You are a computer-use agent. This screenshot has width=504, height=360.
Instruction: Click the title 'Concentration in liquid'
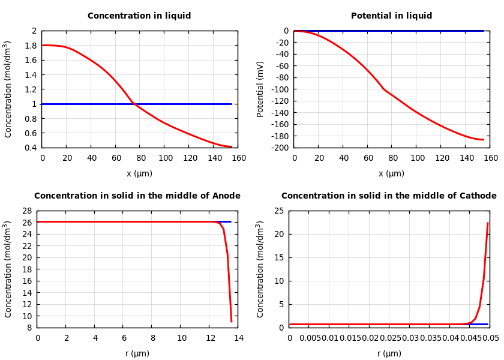click(x=139, y=16)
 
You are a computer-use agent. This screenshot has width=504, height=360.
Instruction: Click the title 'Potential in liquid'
click(x=391, y=16)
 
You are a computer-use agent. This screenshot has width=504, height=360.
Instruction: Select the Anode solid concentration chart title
click(x=137, y=196)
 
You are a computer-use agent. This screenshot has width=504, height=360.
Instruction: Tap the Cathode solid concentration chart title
click(x=389, y=196)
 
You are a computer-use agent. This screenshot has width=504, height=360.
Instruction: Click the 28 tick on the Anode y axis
click(x=26, y=211)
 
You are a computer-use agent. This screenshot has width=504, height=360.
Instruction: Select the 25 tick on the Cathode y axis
click(x=278, y=211)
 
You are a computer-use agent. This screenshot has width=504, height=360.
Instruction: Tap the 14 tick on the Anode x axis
click(x=238, y=338)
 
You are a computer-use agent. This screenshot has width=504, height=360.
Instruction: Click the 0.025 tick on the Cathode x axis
click(x=390, y=338)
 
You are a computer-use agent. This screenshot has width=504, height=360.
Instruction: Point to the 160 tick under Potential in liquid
click(x=490, y=158)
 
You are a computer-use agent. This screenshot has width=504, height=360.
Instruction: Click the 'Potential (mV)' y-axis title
click(x=260, y=89)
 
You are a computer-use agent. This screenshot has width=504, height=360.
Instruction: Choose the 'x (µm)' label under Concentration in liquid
click(x=139, y=174)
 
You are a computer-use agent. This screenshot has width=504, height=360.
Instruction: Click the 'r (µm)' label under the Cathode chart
click(x=389, y=354)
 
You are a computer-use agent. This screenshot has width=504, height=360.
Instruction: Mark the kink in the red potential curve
click(x=384, y=89)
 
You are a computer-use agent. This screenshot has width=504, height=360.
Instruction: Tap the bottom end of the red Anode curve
click(x=231, y=322)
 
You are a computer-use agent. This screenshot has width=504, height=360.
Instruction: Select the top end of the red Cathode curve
click(x=488, y=223)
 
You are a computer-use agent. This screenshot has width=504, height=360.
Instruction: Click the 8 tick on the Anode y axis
click(x=29, y=328)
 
